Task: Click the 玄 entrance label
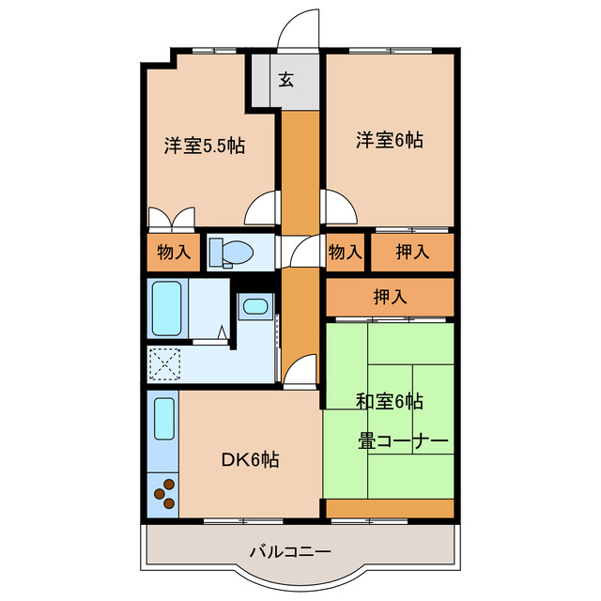pos(285,80)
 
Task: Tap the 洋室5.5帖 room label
pos(205,146)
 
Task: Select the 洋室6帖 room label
pos(389,141)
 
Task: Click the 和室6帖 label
pos(389,402)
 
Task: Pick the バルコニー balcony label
pos(289,551)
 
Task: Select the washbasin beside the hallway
pos(254,305)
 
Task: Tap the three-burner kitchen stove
pos(163,494)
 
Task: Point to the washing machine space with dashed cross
pos(165,362)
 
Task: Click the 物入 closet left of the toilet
pos(174,252)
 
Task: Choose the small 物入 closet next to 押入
pos(345,252)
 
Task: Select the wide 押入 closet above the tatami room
pos(390,298)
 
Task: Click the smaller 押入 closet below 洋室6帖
pos(411,252)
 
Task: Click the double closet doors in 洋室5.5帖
pos(172,216)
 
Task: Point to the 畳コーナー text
pos(402,440)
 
